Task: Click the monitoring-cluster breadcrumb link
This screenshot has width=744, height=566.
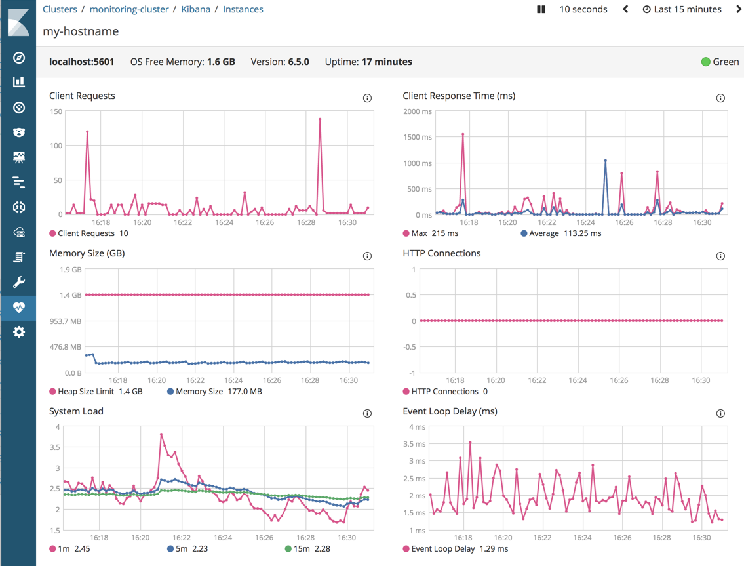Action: click(129, 9)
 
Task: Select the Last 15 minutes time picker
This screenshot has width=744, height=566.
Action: click(682, 9)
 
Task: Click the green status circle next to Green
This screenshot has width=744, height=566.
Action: click(705, 62)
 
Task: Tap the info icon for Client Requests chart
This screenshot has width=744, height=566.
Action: click(367, 98)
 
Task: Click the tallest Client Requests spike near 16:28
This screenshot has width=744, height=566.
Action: click(320, 119)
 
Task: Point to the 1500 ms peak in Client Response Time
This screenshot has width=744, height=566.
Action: click(463, 134)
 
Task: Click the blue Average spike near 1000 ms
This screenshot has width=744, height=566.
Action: click(605, 161)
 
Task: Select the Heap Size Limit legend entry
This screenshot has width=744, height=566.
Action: click(96, 392)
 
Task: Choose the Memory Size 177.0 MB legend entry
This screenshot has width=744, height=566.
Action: click(214, 392)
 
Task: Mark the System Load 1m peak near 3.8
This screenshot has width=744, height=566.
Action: click(161, 434)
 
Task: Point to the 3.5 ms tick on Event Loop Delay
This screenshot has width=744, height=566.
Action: click(413, 444)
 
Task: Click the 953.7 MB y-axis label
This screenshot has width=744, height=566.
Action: click(66, 321)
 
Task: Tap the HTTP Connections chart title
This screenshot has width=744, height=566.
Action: click(441, 253)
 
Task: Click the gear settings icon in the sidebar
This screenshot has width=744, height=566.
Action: click(19, 332)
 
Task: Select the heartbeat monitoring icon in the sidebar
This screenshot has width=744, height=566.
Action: click(19, 307)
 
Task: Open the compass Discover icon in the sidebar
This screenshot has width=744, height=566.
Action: click(19, 58)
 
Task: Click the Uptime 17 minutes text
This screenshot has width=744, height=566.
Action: click(368, 62)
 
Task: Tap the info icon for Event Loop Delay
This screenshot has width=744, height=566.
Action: click(720, 414)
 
